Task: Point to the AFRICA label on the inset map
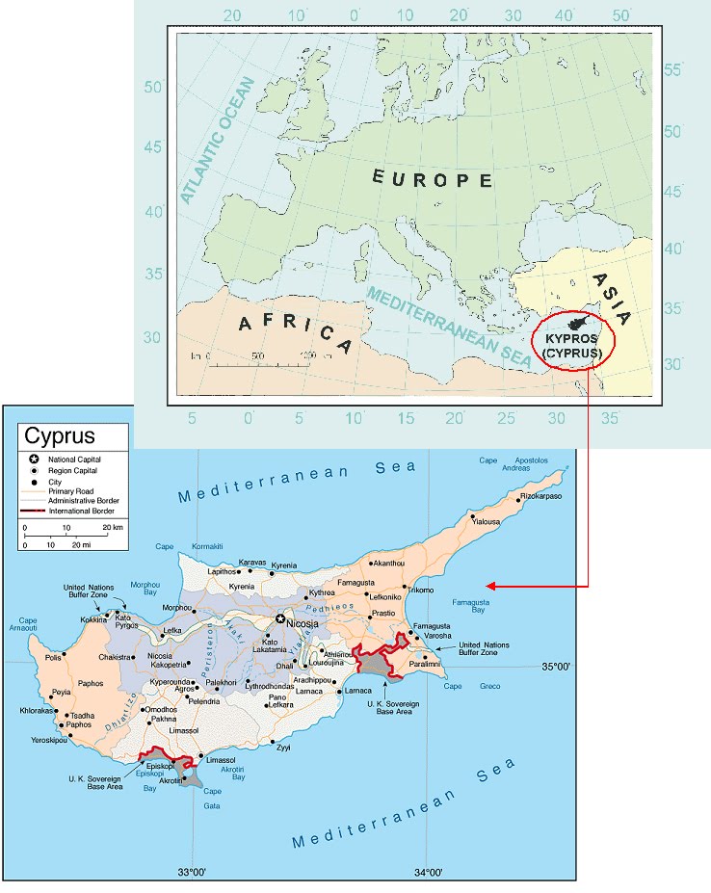point(296,329)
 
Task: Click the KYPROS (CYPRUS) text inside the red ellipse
point(574,347)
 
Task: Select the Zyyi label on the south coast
point(282,747)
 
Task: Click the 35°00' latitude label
point(560,666)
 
